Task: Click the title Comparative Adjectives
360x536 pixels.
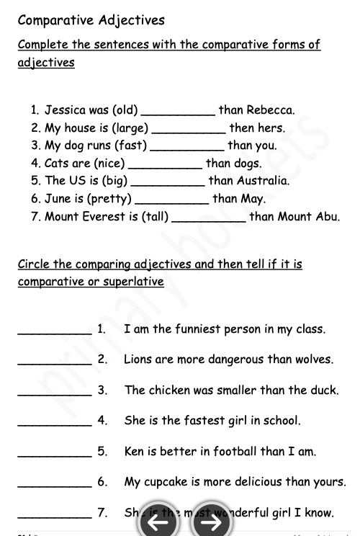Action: pos(91,20)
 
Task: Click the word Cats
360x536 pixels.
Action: pos(56,164)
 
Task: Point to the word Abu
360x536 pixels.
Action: pos(328,216)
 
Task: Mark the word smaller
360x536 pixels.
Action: pos(236,390)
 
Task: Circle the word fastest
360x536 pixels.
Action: pos(204,420)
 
